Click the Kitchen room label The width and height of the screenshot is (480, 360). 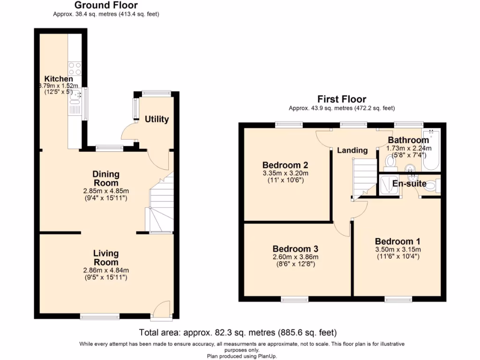click(x=58, y=79)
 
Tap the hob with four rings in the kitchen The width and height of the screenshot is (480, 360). click(x=75, y=69)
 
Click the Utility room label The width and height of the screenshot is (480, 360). click(x=157, y=119)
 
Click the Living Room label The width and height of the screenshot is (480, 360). click(x=105, y=258)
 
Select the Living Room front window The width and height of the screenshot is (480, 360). click(x=100, y=317)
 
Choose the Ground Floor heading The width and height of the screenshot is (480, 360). click(x=106, y=6)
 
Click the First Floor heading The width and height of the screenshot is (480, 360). click(x=342, y=99)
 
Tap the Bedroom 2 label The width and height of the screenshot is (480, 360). click(x=285, y=165)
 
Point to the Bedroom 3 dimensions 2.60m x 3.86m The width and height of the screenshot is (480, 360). click(x=295, y=257)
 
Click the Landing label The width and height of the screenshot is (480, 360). click(x=352, y=150)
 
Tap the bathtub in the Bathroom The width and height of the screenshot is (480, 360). click(x=431, y=151)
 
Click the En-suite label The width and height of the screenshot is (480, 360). click(x=409, y=184)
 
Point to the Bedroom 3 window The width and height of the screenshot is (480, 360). click(x=295, y=299)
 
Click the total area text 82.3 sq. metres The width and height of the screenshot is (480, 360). click(x=238, y=333)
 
